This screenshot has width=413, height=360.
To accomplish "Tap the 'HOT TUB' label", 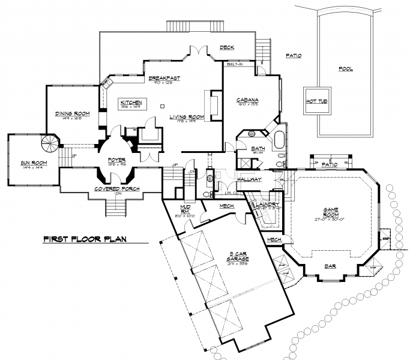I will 315,101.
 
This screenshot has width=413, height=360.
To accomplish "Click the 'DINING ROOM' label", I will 72,113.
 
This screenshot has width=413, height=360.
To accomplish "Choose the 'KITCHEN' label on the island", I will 131,103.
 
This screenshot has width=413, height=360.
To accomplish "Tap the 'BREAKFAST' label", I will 164,78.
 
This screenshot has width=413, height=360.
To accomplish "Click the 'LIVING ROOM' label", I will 187,116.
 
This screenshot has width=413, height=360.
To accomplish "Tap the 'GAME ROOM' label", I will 331,213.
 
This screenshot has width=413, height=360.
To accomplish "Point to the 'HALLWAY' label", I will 249,179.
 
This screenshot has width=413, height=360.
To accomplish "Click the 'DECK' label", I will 226,47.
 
